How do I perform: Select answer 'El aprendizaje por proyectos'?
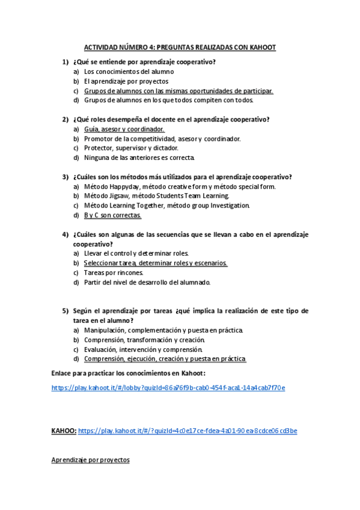(x=126, y=81)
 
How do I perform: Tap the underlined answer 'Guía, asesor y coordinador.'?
(x=124, y=129)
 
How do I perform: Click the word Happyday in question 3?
(x=121, y=186)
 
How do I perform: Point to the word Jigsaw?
(x=120, y=196)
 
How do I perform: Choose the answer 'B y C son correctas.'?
(x=112, y=215)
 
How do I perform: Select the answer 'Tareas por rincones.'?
(x=114, y=272)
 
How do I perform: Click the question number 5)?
(x=65, y=311)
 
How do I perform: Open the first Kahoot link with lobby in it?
(x=168, y=388)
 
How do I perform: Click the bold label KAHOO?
(x=64, y=431)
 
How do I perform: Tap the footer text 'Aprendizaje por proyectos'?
(x=90, y=460)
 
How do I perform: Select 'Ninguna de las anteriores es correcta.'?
(x=139, y=158)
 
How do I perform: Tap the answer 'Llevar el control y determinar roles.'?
(x=136, y=253)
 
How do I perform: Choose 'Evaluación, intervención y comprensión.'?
(x=144, y=349)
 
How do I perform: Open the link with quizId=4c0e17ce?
(x=188, y=431)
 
